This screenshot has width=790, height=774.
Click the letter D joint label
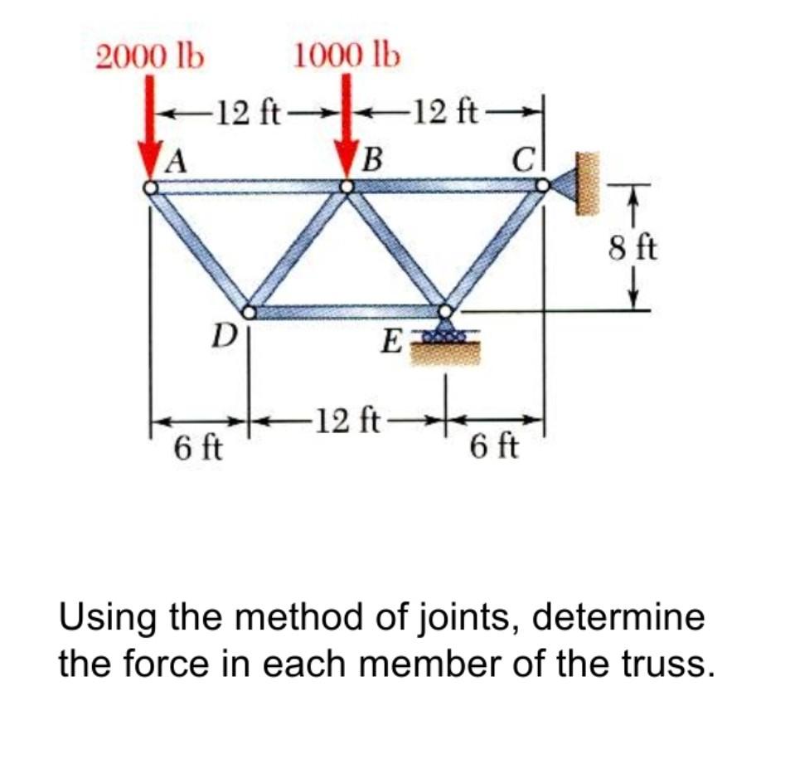click(x=219, y=337)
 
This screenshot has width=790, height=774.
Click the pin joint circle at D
click(x=249, y=312)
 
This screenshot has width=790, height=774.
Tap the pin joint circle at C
click(x=543, y=187)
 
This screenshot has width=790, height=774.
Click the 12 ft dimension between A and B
click(x=249, y=110)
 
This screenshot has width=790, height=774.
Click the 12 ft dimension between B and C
click(x=447, y=110)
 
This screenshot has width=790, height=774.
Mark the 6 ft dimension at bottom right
click(x=494, y=448)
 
